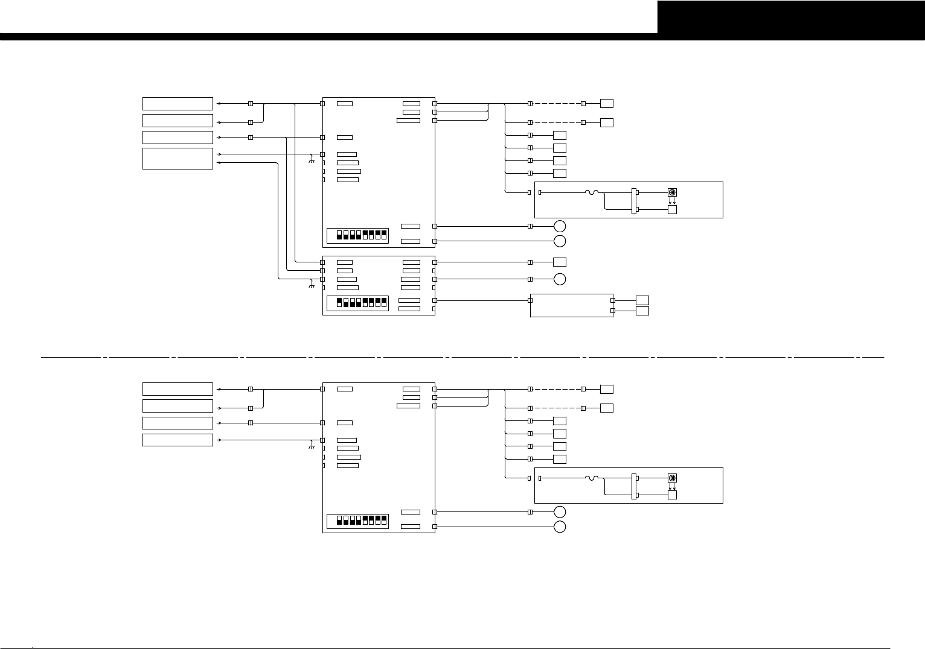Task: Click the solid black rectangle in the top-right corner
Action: click(791, 17)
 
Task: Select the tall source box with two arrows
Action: click(178, 158)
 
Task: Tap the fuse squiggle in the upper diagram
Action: click(591, 192)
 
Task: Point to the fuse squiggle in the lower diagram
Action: click(591, 478)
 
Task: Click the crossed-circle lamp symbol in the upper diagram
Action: click(672, 192)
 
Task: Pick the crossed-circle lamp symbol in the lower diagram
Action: click(672, 478)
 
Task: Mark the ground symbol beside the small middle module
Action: click(312, 285)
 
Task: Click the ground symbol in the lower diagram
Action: click(312, 446)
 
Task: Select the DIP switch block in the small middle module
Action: click(357, 302)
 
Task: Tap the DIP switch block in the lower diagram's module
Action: click(357, 521)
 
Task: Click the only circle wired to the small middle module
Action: click(560, 279)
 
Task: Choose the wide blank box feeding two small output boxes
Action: click(571, 305)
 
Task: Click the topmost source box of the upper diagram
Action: click(178, 103)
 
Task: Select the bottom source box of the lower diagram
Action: click(178, 440)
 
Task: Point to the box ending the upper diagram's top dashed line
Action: click(607, 103)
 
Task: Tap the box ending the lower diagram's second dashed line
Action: click(607, 408)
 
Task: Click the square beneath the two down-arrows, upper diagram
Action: click(672, 209)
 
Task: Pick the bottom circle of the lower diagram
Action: click(560, 527)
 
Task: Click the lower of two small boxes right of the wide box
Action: click(642, 311)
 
